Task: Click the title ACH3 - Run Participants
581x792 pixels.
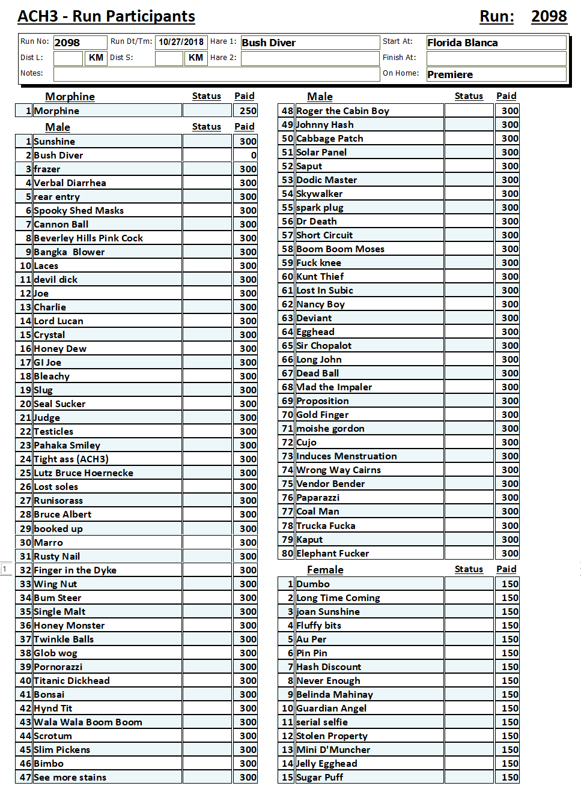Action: pos(106,16)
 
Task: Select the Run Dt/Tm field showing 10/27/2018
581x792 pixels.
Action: pos(181,42)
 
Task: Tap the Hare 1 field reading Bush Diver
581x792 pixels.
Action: pos(309,43)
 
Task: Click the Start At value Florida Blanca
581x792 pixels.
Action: pos(496,43)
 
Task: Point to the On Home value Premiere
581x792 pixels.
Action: pos(496,74)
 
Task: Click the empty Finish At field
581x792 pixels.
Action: pos(496,58)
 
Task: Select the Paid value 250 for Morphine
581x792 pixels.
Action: pos(245,111)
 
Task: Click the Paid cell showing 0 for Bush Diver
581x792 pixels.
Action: pos(245,156)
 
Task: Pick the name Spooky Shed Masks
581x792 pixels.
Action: pos(79,211)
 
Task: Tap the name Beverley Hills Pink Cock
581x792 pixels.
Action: pos(88,238)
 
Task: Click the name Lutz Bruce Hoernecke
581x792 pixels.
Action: pos(84,473)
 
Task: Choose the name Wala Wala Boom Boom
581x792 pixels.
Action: pos(88,722)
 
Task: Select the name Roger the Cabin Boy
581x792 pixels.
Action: pos(342,111)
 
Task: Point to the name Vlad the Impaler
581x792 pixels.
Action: pos(334,387)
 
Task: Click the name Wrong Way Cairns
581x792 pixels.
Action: pos(338,470)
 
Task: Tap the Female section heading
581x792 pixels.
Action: pos(325,570)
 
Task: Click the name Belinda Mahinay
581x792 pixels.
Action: pos(335,695)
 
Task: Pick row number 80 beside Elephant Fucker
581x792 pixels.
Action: pos(287,554)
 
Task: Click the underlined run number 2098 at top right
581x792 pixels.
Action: pos(549,16)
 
